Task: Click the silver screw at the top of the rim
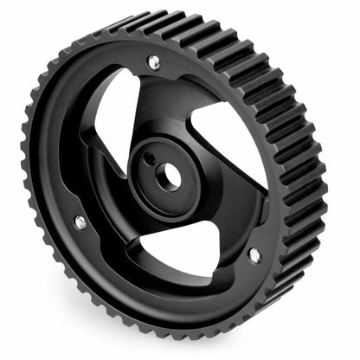point(154,61)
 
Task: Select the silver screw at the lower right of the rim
point(254,254)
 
